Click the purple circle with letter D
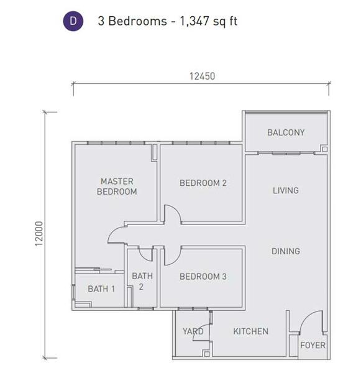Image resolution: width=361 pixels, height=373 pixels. (x=73, y=21)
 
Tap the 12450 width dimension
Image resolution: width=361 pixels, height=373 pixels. (x=202, y=76)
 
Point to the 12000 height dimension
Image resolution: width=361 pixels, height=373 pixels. (x=39, y=234)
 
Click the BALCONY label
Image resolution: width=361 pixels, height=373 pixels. (x=286, y=132)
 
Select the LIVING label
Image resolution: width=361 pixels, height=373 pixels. (x=286, y=191)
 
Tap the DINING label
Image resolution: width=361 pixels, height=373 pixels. (x=286, y=251)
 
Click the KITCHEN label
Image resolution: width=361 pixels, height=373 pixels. (x=250, y=331)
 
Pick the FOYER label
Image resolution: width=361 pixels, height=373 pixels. (x=313, y=345)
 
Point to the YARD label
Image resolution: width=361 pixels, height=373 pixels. (x=193, y=331)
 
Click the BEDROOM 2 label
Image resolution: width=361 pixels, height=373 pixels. (x=203, y=183)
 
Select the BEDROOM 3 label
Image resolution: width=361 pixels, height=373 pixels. (x=203, y=277)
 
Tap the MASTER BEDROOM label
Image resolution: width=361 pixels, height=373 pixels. (x=117, y=186)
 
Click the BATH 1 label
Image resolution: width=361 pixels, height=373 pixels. (x=101, y=289)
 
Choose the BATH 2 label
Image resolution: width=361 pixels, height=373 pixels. (x=142, y=282)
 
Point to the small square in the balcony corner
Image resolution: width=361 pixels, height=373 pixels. (x=325, y=149)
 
